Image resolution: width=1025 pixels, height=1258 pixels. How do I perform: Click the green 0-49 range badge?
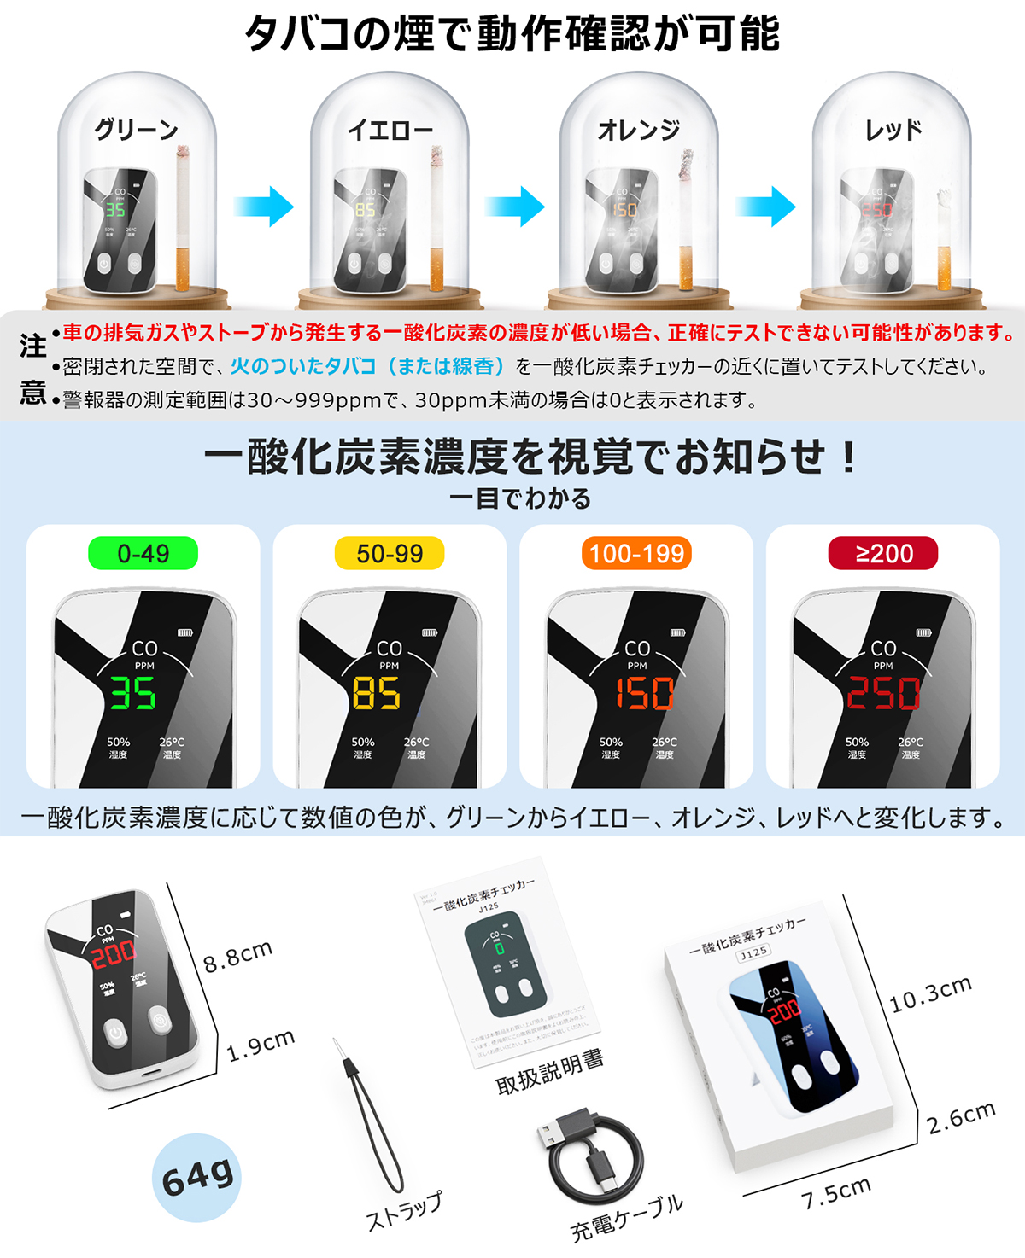click(143, 553)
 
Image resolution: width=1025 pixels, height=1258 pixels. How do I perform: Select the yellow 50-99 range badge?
click(389, 553)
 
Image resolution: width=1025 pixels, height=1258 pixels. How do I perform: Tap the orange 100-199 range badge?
click(636, 553)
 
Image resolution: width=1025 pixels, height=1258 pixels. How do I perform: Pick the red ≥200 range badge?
click(883, 553)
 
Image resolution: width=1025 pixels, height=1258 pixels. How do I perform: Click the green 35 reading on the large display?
click(133, 693)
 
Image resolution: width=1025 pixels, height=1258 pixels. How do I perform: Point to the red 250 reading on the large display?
click(883, 693)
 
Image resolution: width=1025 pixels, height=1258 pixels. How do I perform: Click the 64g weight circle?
click(197, 1177)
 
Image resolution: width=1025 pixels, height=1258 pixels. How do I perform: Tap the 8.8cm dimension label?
click(237, 956)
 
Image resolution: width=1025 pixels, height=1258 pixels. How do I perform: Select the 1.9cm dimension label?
click(261, 1045)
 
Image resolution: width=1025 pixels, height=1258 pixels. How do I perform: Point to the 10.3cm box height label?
click(930, 994)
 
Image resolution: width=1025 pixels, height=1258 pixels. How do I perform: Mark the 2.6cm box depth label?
click(961, 1117)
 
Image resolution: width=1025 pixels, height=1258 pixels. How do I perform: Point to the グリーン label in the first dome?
click(137, 130)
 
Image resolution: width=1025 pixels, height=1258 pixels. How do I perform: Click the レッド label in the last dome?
click(893, 130)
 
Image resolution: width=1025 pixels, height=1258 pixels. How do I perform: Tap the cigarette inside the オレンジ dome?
click(686, 222)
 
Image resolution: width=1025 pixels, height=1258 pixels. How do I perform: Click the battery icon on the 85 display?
click(430, 632)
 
